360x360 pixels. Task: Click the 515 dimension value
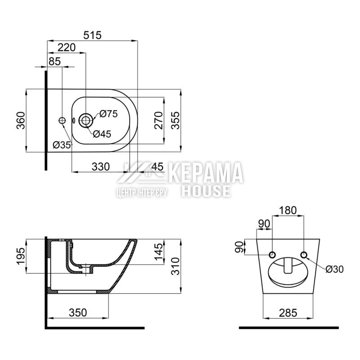click(92, 36)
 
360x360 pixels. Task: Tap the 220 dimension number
click(66, 48)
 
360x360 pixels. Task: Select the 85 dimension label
click(54, 62)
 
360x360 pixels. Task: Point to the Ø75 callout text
click(108, 114)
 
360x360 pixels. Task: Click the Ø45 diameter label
click(102, 134)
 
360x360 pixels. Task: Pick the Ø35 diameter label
click(62, 145)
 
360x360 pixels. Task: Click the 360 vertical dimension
click(21, 120)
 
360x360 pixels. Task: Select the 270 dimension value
click(158, 120)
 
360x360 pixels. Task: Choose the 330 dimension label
click(100, 166)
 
